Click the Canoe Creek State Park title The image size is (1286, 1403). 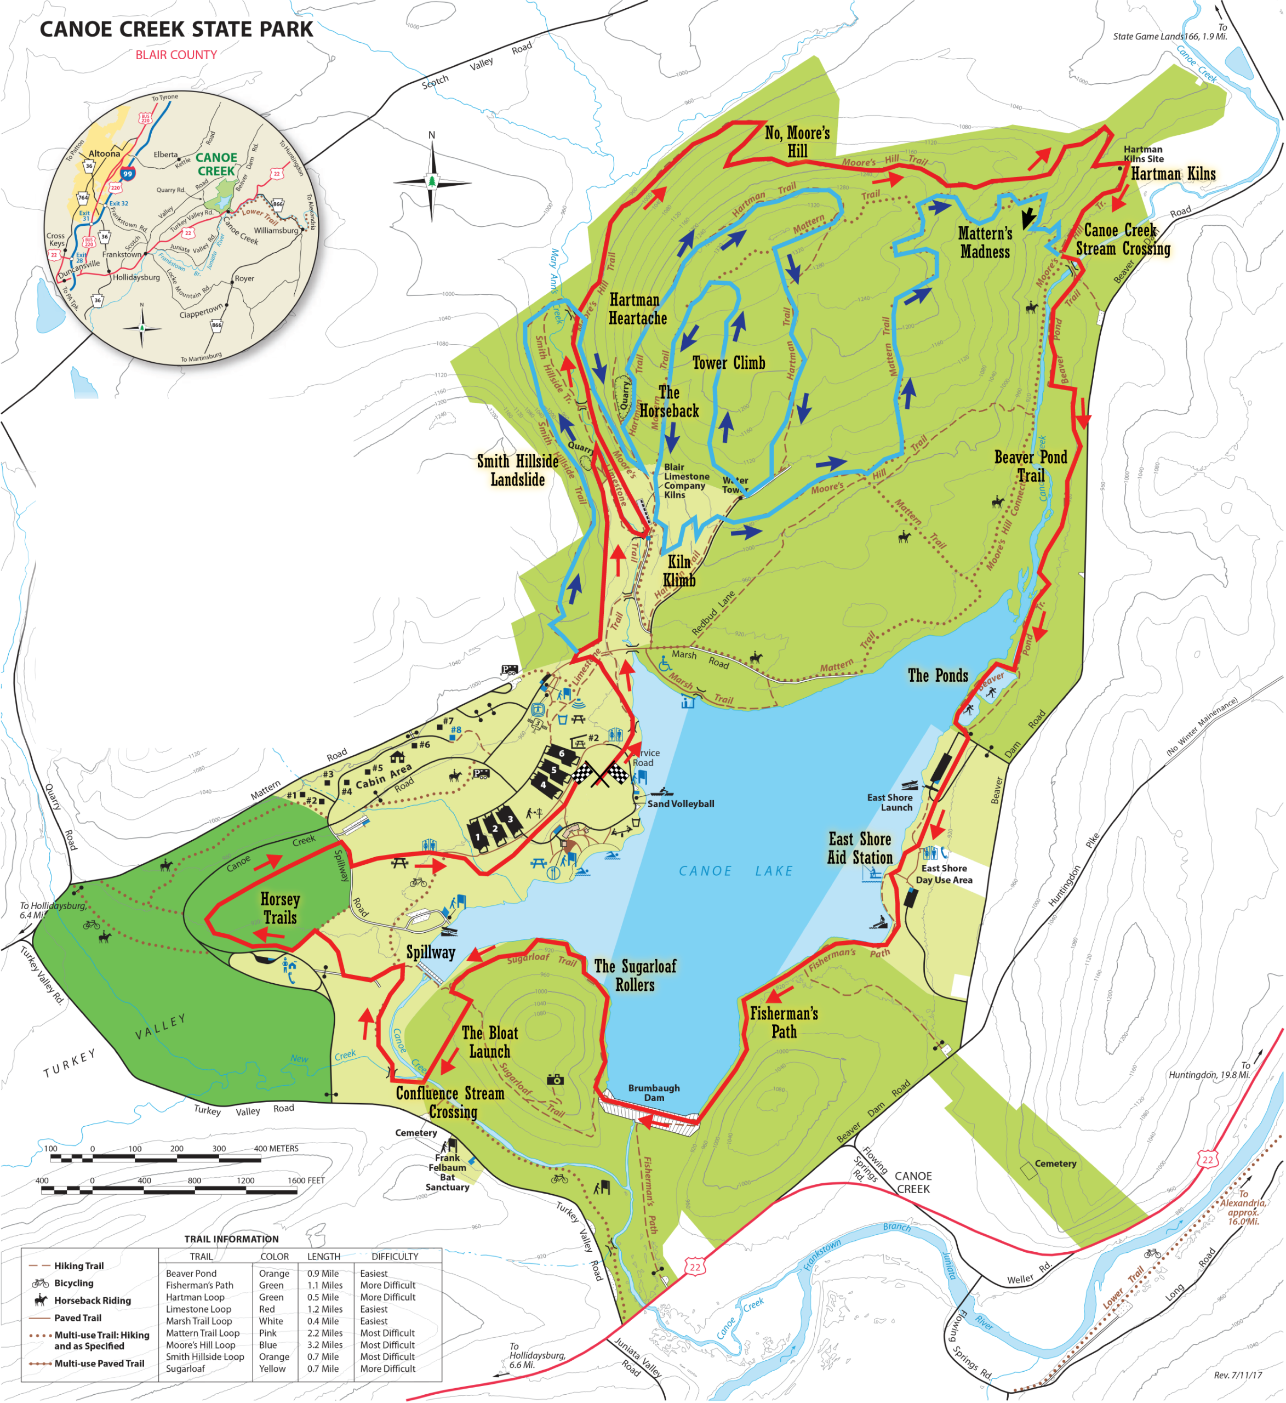(176, 29)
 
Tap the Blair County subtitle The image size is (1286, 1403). (176, 55)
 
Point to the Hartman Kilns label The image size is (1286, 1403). (1173, 174)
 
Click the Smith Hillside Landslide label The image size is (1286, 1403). (517, 470)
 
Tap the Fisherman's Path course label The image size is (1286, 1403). (784, 1022)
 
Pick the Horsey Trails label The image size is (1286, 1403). (280, 908)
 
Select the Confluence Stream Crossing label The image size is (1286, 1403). (450, 1102)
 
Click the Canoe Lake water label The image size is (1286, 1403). (735, 871)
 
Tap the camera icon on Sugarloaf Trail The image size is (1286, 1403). (555, 1080)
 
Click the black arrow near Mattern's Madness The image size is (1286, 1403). (1028, 218)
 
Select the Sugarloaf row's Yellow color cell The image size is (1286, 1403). (272, 1368)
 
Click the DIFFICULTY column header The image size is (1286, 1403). (395, 1256)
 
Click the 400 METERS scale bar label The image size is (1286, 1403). (276, 1148)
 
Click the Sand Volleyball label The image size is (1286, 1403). (680, 803)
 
